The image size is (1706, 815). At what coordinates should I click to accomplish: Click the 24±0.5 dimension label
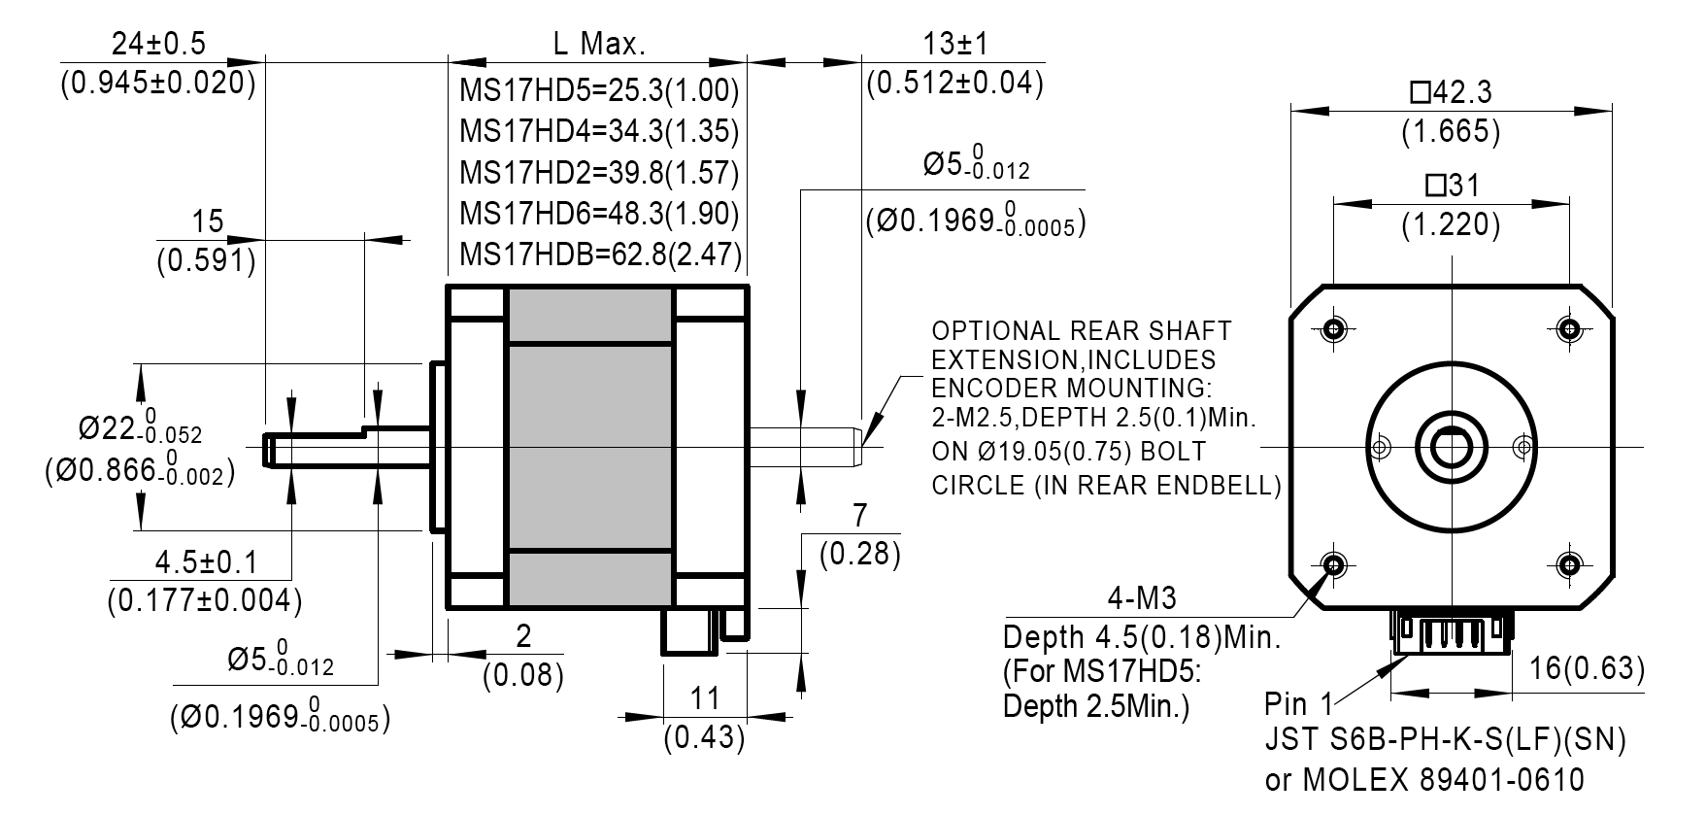[x=158, y=45]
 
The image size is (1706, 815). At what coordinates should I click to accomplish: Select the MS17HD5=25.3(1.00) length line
[x=599, y=91]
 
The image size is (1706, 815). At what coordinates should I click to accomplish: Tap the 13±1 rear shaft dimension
[x=954, y=45]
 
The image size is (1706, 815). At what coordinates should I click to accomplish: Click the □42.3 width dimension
[x=1451, y=92]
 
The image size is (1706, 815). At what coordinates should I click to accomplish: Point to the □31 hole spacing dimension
[x=1451, y=185]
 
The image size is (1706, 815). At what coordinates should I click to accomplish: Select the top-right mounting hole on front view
[x=1568, y=329]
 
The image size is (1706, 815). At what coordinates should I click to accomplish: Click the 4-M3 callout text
[x=1141, y=596]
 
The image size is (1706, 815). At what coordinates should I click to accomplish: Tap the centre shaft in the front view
[x=1451, y=447]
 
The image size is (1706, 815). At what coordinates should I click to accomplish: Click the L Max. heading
[x=599, y=45]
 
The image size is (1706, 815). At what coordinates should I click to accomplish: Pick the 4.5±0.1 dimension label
[x=206, y=561]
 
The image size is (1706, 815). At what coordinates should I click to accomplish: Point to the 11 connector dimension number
[x=704, y=698]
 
